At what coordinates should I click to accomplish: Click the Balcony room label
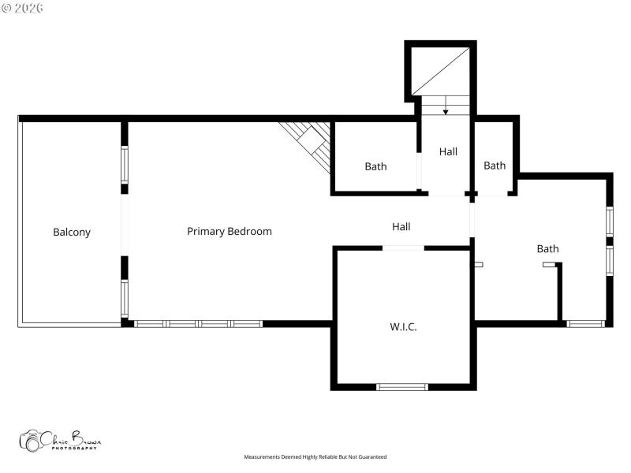pyautogui.click(x=72, y=232)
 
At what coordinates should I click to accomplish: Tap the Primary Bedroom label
pyautogui.click(x=230, y=231)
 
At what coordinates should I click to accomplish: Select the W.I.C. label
pyautogui.click(x=403, y=326)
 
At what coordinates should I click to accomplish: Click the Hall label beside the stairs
pyautogui.click(x=448, y=151)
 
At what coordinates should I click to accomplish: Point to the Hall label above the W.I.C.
pyautogui.click(x=401, y=227)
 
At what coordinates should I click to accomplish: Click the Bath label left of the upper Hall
pyautogui.click(x=375, y=166)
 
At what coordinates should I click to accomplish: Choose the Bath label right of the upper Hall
pyautogui.click(x=495, y=166)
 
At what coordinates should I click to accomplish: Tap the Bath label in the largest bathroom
pyautogui.click(x=547, y=248)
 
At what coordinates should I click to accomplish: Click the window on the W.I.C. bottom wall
pyautogui.click(x=402, y=386)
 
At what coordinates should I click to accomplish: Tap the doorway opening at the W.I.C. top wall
pyautogui.click(x=403, y=248)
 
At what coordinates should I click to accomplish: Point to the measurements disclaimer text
pyautogui.click(x=315, y=457)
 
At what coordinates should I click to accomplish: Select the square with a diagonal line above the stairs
pyautogui.click(x=442, y=69)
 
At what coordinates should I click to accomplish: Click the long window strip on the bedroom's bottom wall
pyautogui.click(x=198, y=323)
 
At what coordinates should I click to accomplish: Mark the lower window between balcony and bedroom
pyautogui.click(x=125, y=299)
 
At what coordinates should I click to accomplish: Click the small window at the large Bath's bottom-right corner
pyautogui.click(x=586, y=323)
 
